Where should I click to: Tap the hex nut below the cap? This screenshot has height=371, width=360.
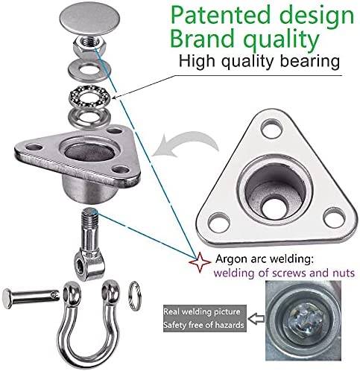pos(90,45)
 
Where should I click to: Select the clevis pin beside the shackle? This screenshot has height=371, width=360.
pos(31,297)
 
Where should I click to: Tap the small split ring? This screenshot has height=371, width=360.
pos(135,296)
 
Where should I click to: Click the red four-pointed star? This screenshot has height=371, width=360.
pos(200,262)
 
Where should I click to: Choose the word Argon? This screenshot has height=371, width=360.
pos(231,259)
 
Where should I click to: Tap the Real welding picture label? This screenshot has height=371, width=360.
pos(202,311)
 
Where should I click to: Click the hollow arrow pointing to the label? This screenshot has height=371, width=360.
pos(256,319)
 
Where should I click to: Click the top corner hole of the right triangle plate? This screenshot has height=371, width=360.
pos(271,128)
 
